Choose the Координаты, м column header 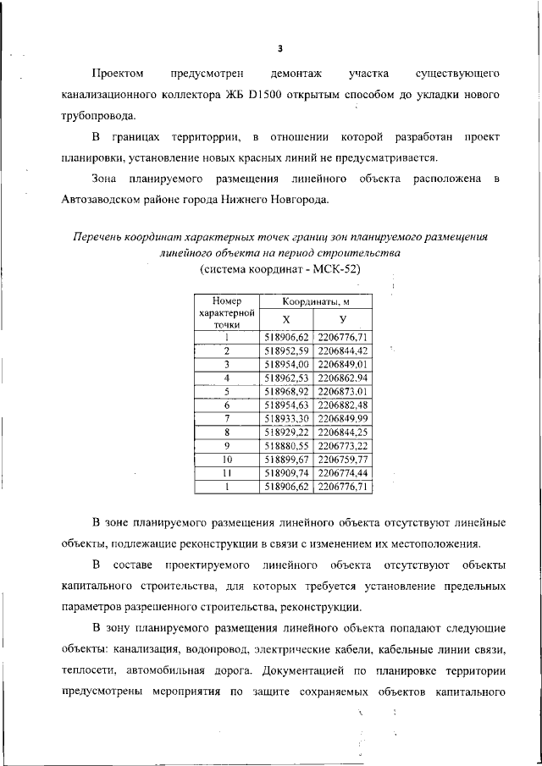pos(314,300)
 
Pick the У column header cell pos(342,319)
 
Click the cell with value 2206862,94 pos(342,377)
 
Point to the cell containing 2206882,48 pos(342,405)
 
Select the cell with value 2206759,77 pos(342,459)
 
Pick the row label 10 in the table pos(227,459)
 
